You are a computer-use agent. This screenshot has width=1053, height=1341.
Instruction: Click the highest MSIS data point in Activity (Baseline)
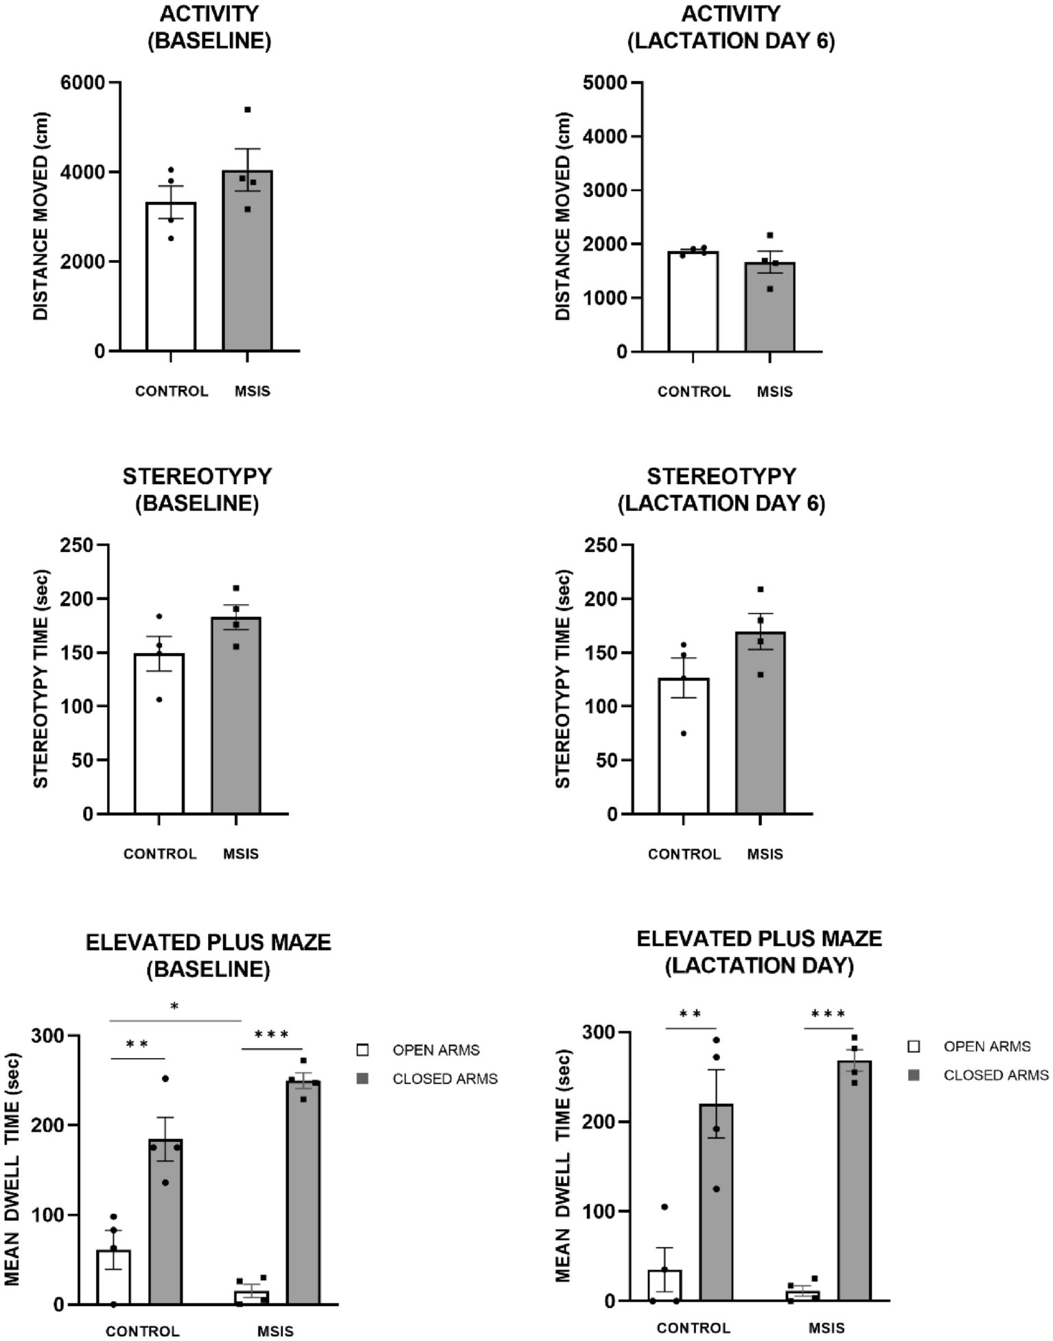248,110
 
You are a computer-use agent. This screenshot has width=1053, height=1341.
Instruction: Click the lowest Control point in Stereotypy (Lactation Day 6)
684,733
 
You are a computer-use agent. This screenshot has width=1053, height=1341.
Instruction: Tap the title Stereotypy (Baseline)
197,490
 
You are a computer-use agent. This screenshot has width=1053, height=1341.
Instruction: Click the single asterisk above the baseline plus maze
174,1007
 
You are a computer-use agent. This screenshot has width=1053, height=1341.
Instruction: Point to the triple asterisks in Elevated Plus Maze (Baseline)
271,1035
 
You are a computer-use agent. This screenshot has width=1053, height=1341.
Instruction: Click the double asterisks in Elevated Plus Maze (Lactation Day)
690,1014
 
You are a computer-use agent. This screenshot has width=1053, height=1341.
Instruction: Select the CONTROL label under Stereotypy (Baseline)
160,853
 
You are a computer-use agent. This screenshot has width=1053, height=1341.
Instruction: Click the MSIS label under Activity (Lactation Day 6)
774,391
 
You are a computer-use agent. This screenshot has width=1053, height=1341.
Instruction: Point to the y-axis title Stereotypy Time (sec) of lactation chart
563,678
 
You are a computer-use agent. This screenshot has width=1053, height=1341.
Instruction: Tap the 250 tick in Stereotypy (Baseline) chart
76,545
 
